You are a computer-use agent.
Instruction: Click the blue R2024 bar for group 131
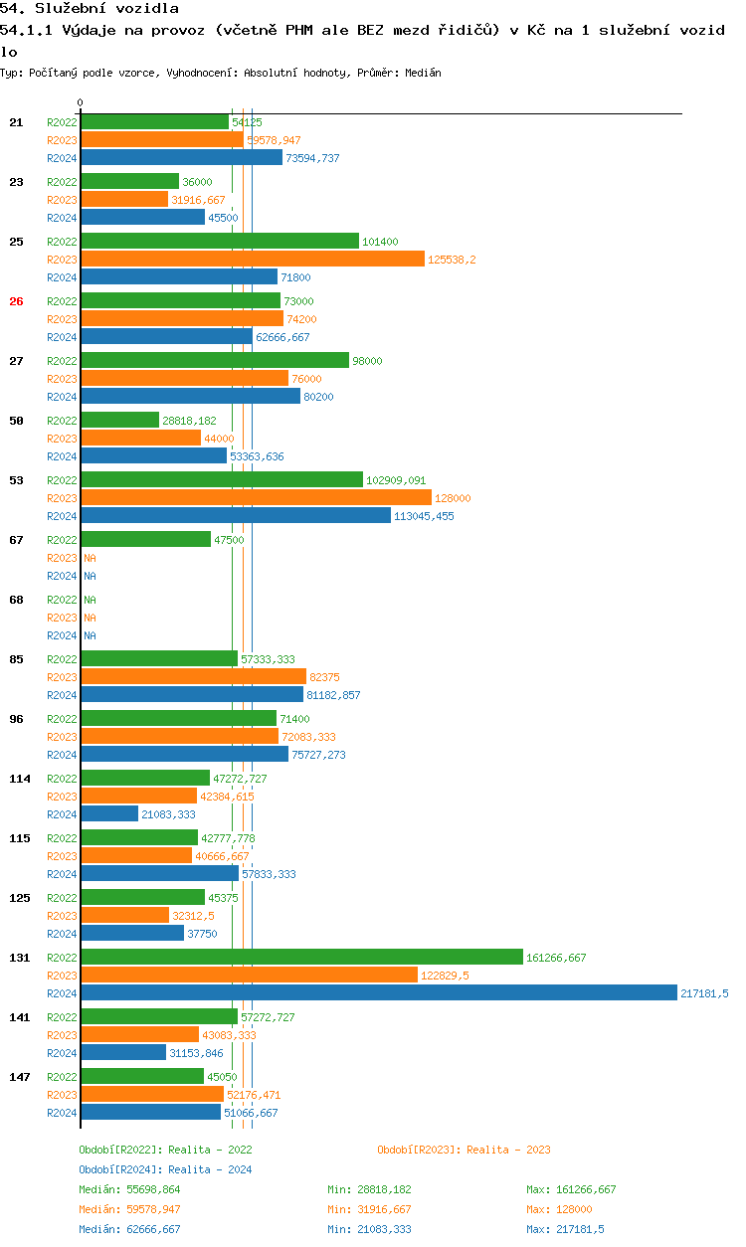pos(378,993)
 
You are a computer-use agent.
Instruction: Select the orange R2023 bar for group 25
pos(253,260)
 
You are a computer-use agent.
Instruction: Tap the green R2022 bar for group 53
pos(222,480)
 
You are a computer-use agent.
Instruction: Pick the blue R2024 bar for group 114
pos(109,814)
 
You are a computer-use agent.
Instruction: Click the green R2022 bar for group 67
pos(145,540)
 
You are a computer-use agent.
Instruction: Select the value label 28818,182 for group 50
pos(189,421)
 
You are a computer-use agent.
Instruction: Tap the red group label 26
pos(16,301)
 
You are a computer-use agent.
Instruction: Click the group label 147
pos(20,1077)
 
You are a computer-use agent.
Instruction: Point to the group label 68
pos(16,600)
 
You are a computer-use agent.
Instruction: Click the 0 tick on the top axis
pos(81,102)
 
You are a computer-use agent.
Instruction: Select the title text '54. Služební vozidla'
pos(90,9)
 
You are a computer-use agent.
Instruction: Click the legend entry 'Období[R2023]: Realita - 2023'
pos(464,1150)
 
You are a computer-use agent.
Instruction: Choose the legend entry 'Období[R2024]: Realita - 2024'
pos(165,1169)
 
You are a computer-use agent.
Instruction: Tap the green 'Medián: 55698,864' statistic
pos(129,1189)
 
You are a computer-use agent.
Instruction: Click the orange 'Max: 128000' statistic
pos(559,1209)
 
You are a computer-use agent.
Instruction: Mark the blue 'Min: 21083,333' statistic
pos(369,1229)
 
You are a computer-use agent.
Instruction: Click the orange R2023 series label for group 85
pos(62,677)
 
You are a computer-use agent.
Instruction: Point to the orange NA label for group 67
pos(90,558)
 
